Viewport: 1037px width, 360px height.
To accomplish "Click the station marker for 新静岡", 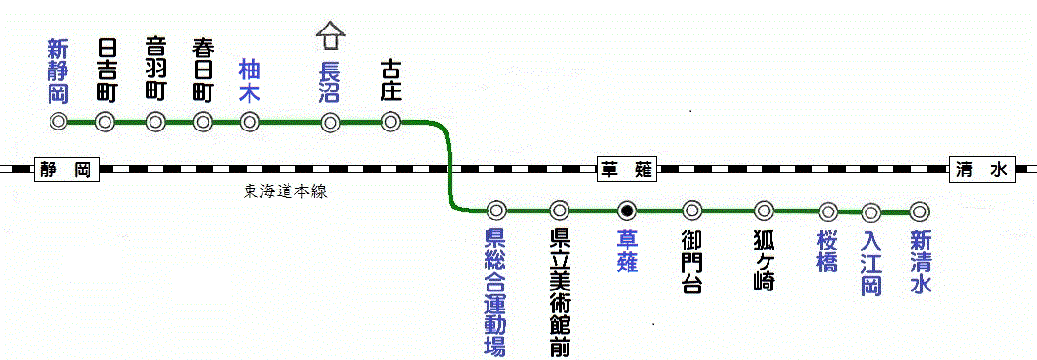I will [x=59, y=122].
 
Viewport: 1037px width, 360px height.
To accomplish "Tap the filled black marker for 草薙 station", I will [x=627, y=210].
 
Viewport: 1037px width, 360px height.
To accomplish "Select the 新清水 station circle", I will [x=919, y=210].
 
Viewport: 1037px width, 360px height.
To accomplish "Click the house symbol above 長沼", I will [x=330, y=35].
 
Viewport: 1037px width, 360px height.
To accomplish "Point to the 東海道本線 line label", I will [x=286, y=190].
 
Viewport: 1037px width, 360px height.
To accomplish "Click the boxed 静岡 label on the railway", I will [x=66, y=170].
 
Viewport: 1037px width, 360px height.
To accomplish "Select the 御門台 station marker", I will [x=692, y=210].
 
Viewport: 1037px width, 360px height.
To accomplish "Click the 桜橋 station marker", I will [x=828, y=210].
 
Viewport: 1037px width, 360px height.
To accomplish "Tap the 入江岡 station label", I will [x=871, y=262].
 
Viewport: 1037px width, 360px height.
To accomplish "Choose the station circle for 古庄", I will [x=390, y=122].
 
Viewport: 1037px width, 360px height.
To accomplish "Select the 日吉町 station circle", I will [x=106, y=122].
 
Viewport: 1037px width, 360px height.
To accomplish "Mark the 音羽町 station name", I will [x=155, y=69].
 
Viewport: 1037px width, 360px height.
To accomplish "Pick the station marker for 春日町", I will [x=203, y=122].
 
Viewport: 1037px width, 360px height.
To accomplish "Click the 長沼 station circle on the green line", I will [x=330, y=122].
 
